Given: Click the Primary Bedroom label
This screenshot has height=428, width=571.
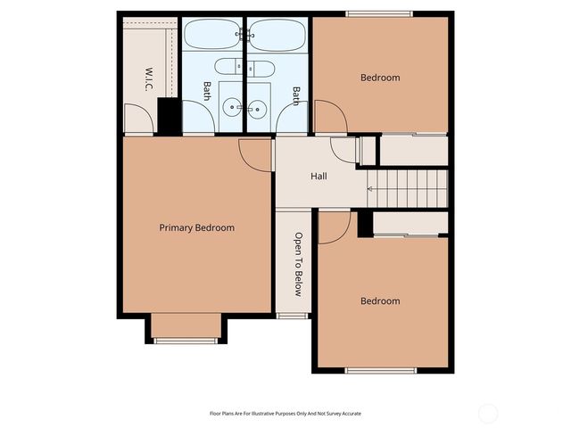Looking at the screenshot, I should [x=196, y=228].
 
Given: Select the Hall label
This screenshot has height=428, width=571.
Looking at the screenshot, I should [x=319, y=177].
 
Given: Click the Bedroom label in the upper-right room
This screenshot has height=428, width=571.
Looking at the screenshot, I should [x=380, y=78].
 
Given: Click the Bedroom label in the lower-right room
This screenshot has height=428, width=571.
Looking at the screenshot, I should [x=380, y=301].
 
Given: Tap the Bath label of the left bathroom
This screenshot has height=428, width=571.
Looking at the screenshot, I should [x=207, y=91].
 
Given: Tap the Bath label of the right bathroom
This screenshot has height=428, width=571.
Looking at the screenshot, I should [x=296, y=94].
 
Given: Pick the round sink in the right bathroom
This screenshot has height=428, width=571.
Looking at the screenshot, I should [x=260, y=109].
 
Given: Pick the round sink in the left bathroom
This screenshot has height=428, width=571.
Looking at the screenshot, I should [x=232, y=109].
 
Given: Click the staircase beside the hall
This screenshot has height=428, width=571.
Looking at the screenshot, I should [x=406, y=187].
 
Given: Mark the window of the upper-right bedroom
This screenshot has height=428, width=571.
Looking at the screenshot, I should [x=379, y=13].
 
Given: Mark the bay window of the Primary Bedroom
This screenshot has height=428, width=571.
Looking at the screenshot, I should [x=185, y=340].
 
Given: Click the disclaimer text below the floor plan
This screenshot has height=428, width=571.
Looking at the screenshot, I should [x=285, y=414].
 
